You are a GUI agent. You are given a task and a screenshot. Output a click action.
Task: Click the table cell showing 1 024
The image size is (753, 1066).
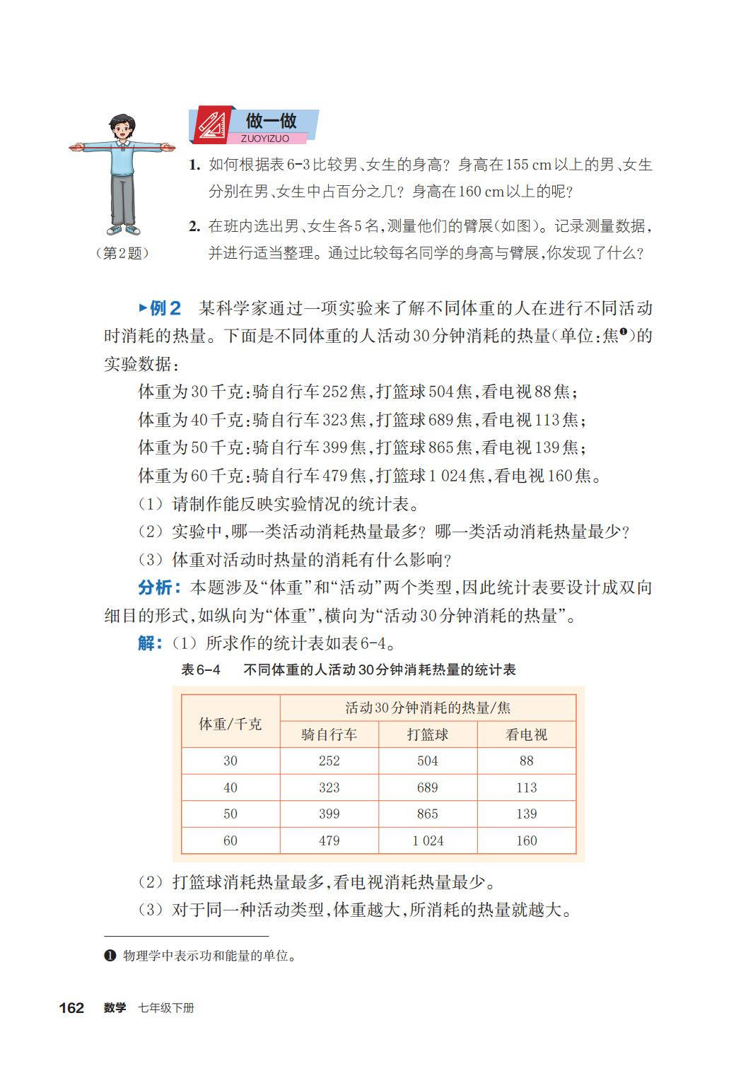point(428,840)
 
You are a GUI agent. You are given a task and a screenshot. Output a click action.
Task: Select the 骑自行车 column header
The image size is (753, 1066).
point(329,734)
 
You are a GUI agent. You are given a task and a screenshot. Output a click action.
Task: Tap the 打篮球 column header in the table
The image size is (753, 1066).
point(428,734)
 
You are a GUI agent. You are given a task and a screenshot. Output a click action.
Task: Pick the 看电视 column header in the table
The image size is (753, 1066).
point(527,734)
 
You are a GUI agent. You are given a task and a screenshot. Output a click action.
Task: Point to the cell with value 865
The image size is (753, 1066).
point(428,814)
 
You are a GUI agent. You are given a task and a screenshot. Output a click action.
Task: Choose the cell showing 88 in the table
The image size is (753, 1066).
point(527,761)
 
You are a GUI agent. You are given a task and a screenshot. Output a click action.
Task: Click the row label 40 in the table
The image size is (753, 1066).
point(230,787)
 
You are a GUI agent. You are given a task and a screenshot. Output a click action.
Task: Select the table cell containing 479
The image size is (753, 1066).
point(329,840)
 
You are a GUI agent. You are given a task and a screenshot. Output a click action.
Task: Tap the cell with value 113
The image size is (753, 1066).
point(527,787)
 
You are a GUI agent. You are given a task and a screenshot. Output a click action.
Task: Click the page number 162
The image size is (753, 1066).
point(71,1008)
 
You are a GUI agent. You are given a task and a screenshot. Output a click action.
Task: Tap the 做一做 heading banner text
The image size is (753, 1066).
point(271,121)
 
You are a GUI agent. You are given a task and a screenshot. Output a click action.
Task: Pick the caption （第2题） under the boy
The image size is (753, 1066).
point(122,253)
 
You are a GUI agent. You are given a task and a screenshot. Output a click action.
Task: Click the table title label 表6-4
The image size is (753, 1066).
point(201,669)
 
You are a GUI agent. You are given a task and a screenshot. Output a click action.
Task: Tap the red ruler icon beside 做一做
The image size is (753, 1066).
point(211,126)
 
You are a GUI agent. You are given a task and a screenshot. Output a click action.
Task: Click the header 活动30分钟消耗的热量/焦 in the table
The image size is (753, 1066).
point(428,708)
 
